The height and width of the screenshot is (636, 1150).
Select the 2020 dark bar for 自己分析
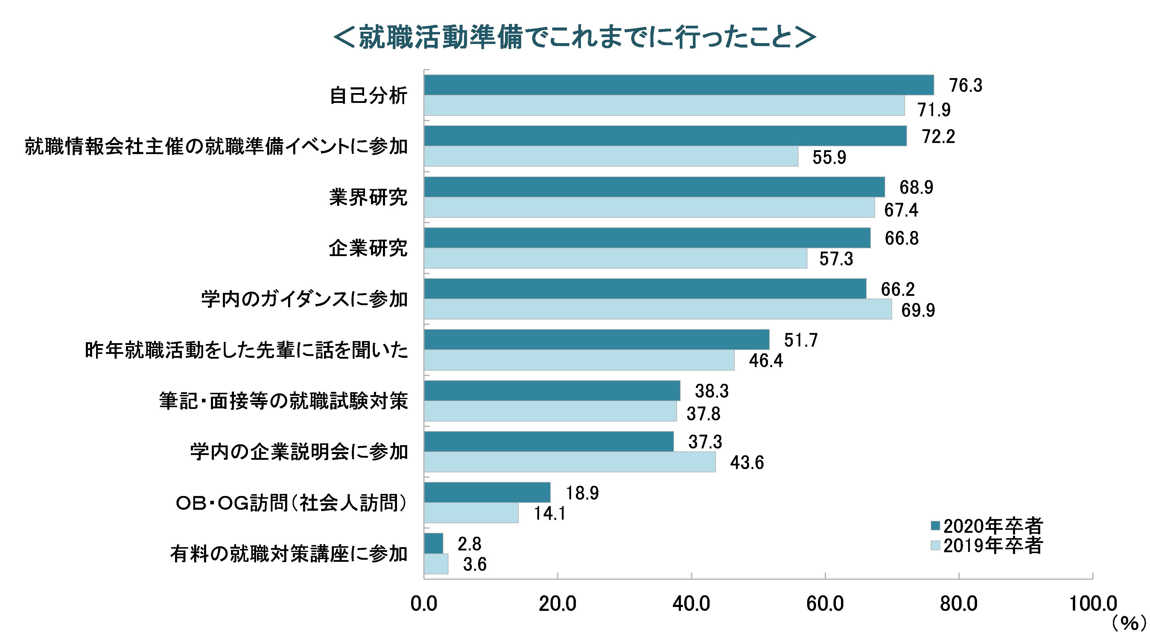(x=679, y=85)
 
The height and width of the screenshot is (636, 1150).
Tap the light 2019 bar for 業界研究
(x=649, y=208)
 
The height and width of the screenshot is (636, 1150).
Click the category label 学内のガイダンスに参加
(x=305, y=299)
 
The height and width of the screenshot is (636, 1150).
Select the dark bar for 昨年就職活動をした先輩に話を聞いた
(x=597, y=340)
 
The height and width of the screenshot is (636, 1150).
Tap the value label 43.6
(x=747, y=463)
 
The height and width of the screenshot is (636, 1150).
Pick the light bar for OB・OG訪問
(x=471, y=513)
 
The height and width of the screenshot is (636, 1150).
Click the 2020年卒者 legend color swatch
(x=935, y=526)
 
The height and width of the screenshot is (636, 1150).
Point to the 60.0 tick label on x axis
(x=825, y=604)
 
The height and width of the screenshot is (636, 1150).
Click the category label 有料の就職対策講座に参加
(x=289, y=554)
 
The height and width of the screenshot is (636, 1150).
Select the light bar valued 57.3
(x=615, y=258)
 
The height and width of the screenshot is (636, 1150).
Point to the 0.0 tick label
(x=424, y=604)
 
